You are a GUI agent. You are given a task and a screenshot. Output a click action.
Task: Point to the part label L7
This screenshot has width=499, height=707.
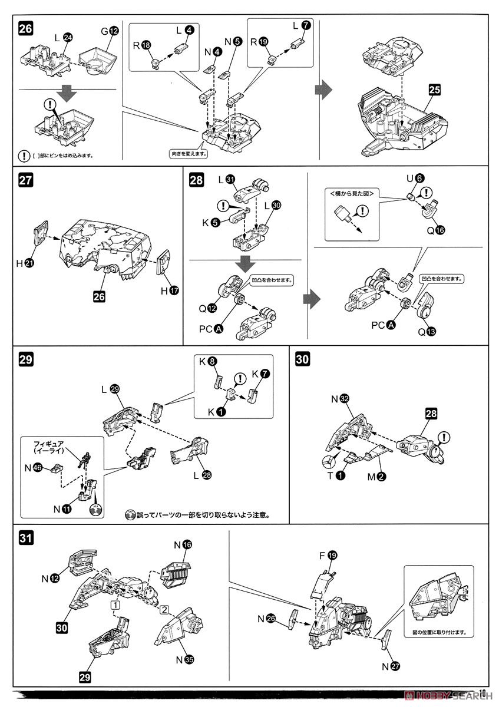coord(299,26)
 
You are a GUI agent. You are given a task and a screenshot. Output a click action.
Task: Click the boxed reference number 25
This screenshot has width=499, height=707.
coord(434,90)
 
